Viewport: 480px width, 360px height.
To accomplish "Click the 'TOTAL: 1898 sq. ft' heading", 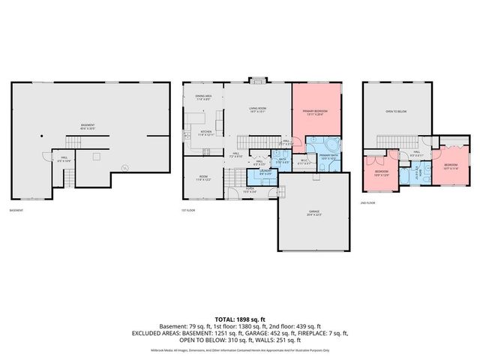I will [x=240, y=318].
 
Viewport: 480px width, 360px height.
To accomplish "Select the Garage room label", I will [x=314, y=213].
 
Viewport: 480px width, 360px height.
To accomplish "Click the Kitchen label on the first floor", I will [x=206, y=134].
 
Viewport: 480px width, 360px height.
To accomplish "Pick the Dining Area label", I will [x=203, y=97].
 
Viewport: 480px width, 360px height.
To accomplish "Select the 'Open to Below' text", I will [x=396, y=110].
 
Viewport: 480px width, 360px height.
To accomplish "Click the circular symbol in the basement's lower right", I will [x=124, y=168].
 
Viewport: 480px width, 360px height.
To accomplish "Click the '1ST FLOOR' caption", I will [x=189, y=210].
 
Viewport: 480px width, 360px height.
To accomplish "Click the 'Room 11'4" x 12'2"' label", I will [x=203, y=179].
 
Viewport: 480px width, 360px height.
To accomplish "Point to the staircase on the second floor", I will [x=390, y=142].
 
